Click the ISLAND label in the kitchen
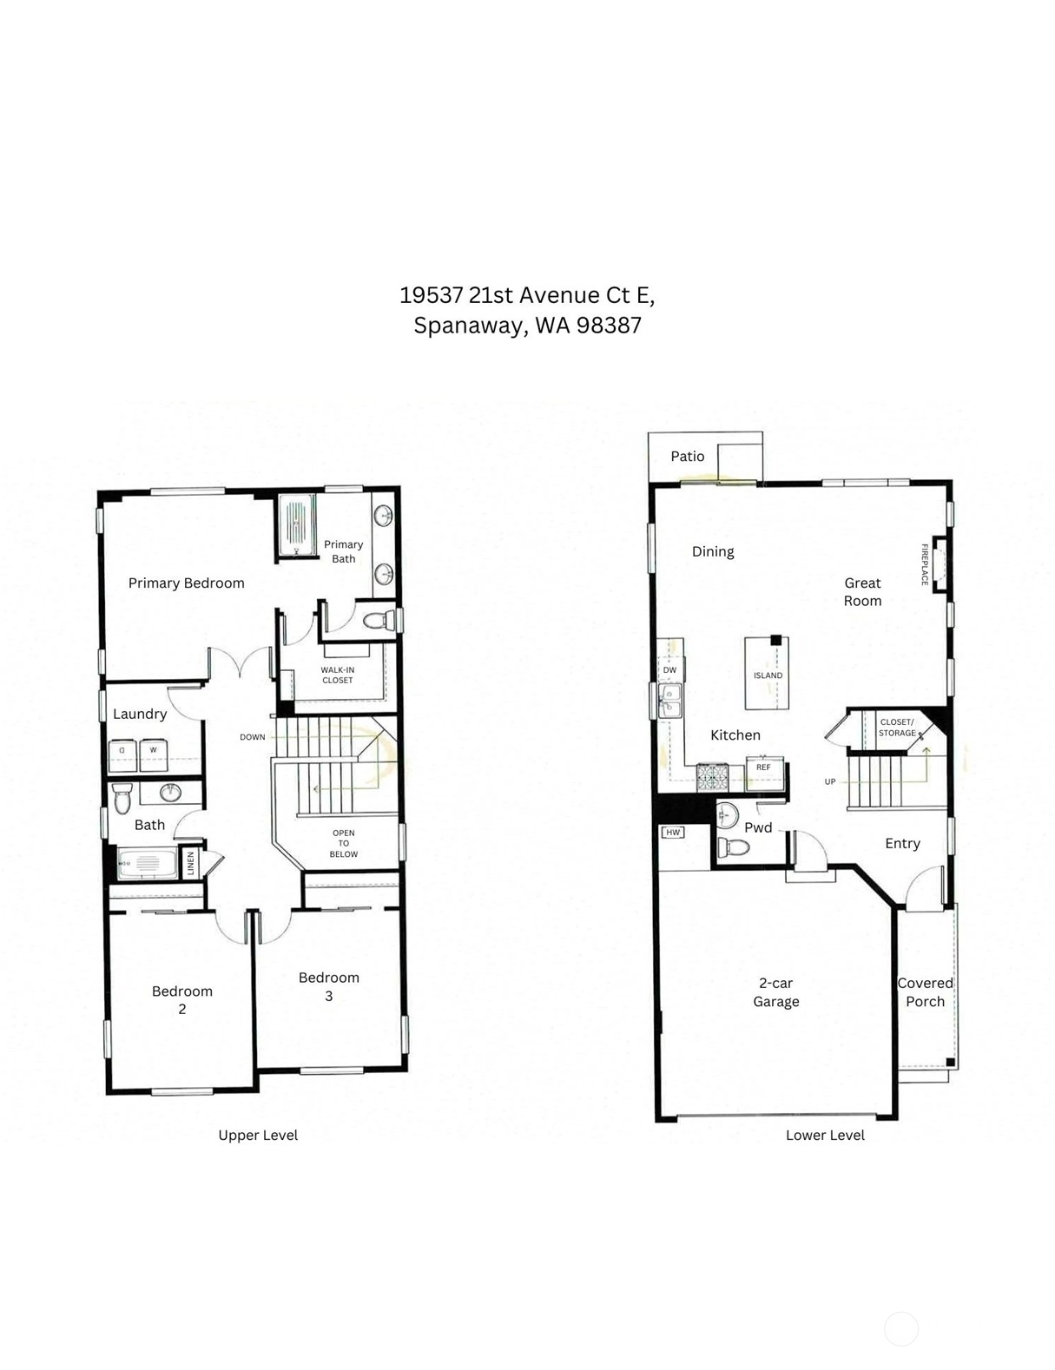[x=768, y=675]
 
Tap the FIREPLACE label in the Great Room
[x=924, y=565]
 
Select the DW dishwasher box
[x=669, y=669]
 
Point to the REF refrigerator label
[x=763, y=767]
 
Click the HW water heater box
[x=673, y=833]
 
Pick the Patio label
[x=688, y=457]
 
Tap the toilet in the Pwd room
[x=734, y=846]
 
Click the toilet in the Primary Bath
[x=378, y=621]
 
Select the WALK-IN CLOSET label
[x=338, y=675]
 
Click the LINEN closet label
[x=190, y=863]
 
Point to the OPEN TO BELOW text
[x=343, y=844]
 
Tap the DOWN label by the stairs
[x=252, y=737]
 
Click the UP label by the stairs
[x=830, y=781]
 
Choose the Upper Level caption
[x=258, y=1136]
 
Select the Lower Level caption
[x=825, y=1136]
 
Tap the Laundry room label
[x=140, y=715]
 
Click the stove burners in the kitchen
[x=712, y=777]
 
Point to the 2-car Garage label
[x=775, y=992]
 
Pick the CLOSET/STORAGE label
[x=897, y=728]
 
